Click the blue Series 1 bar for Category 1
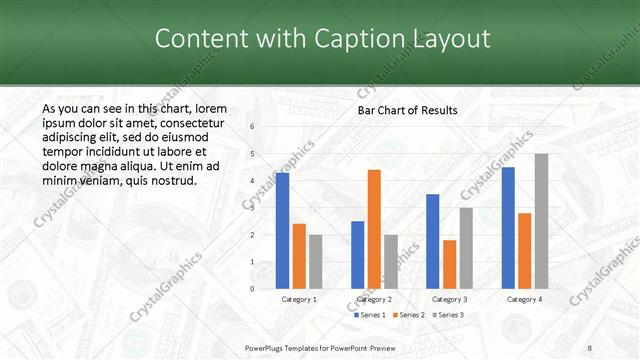click(x=282, y=231)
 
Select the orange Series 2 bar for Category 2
click(x=374, y=229)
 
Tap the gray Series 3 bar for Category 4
click(x=541, y=221)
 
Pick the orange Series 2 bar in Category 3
click(x=450, y=264)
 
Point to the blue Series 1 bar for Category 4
click(x=508, y=228)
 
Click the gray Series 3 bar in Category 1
click(x=316, y=262)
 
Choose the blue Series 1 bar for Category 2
click(x=357, y=255)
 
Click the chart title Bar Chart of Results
click(x=408, y=110)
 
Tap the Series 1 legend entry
click(x=372, y=315)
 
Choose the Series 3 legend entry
click(x=448, y=315)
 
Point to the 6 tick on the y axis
click(x=252, y=127)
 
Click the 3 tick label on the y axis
click(x=252, y=208)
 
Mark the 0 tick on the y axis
click(x=252, y=289)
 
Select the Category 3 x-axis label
click(x=449, y=299)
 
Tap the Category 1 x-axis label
click(x=298, y=299)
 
